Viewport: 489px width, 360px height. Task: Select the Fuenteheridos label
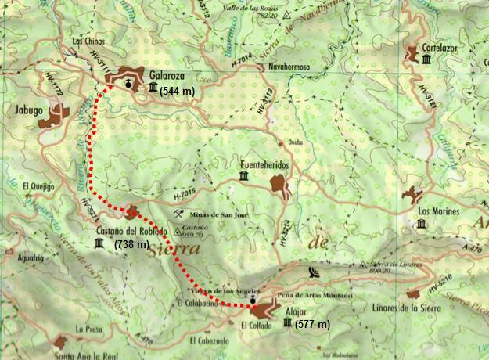coord(265,166)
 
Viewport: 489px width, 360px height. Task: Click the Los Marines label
coord(437,211)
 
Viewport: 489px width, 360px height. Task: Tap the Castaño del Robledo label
coord(131,232)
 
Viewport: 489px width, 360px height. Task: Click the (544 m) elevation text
coord(178,91)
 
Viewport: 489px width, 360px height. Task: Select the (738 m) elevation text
coord(131,245)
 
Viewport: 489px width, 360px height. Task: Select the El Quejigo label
coord(39,185)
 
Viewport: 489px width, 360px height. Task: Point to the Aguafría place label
coord(29,258)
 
